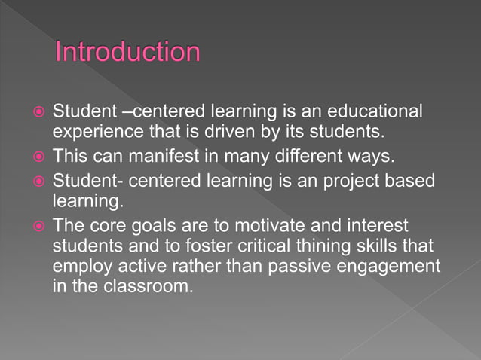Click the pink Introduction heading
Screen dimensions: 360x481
[128, 53]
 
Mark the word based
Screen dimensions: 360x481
[403, 180]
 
